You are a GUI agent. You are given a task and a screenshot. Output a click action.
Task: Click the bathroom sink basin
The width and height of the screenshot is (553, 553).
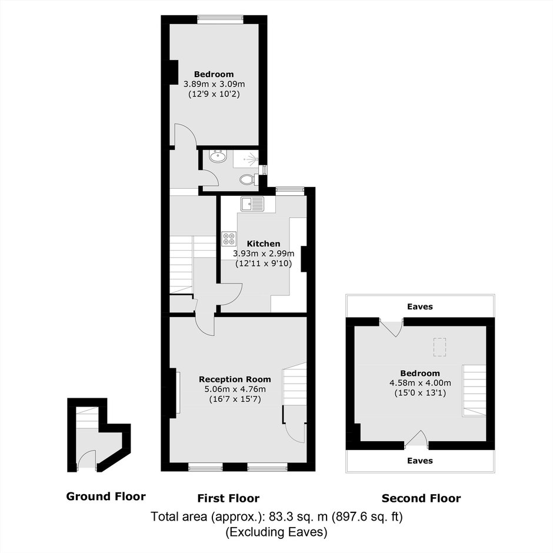(x=218, y=156)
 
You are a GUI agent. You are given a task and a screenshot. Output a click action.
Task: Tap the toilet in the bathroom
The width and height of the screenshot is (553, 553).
(x=249, y=179)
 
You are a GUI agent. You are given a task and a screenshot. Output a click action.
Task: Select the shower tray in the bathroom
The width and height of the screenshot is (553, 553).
(x=245, y=159)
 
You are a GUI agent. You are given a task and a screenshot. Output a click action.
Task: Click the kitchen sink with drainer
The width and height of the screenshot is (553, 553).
(x=252, y=204)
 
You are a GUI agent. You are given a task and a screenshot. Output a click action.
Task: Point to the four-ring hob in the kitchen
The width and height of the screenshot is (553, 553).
(x=229, y=238)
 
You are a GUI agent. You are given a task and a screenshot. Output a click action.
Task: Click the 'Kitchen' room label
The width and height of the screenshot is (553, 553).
(x=264, y=244)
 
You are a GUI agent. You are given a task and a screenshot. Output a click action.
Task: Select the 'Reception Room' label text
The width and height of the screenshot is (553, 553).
(x=235, y=379)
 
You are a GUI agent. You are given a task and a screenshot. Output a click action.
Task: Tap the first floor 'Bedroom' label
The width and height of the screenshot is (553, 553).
(x=214, y=74)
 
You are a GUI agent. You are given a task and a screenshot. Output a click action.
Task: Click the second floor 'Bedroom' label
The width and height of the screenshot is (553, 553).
(x=420, y=373)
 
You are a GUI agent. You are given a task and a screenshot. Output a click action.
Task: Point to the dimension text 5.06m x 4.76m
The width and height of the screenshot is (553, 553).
(x=235, y=389)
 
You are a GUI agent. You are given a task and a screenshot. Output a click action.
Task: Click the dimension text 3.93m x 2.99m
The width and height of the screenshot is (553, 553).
(x=264, y=254)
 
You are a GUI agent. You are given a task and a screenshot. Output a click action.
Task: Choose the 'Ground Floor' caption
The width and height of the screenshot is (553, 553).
(x=106, y=497)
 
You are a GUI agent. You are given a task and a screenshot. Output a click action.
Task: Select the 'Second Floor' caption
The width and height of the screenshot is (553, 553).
(x=421, y=498)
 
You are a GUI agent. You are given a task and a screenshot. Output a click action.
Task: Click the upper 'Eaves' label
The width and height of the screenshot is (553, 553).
(x=419, y=307)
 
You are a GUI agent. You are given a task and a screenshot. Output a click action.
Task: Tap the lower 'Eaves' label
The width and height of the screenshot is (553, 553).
(x=419, y=461)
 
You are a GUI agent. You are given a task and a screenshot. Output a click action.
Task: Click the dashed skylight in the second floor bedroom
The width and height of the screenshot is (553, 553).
(x=439, y=347)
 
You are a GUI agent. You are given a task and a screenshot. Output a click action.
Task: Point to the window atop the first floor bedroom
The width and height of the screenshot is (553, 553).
(x=220, y=19)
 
